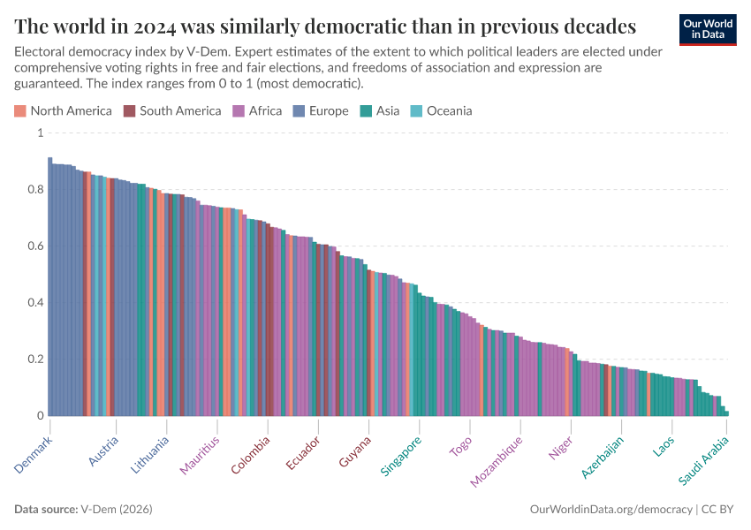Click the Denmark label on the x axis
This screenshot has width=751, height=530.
(x=34, y=452)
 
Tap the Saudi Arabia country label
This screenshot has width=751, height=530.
(x=704, y=460)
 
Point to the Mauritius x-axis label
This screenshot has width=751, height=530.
(x=200, y=455)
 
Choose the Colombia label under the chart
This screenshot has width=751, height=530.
(x=251, y=455)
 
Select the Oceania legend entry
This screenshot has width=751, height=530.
(x=449, y=110)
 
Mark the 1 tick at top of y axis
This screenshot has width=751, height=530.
(x=39, y=132)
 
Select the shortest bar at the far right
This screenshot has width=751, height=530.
(x=726, y=413)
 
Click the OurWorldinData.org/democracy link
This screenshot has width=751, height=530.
(x=611, y=510)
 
